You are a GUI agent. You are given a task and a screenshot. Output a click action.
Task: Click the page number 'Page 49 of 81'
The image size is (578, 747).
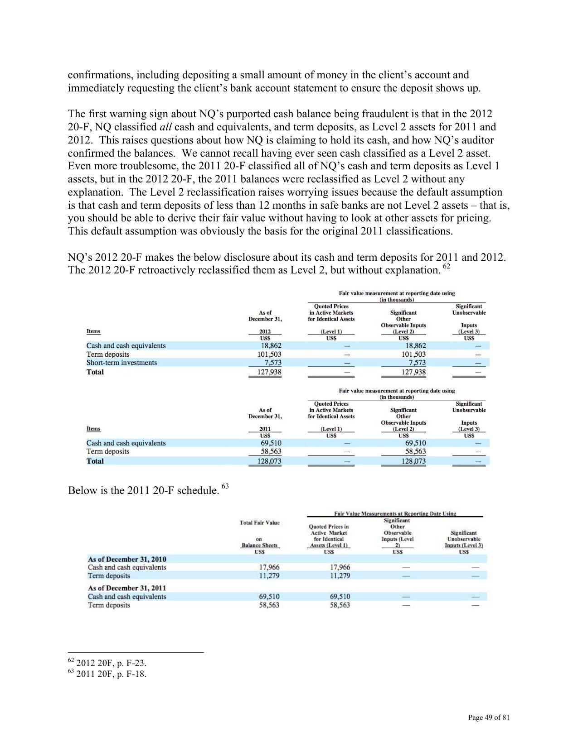(489, 717)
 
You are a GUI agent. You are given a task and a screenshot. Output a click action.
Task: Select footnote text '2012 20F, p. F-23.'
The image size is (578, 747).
(111, 663)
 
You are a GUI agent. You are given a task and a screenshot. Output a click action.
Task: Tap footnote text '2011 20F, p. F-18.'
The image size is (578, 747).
(111, 674)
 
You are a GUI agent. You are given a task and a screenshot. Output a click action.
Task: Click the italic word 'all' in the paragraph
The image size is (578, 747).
(165, 127)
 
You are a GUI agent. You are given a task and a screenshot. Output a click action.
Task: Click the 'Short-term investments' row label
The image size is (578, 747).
(121, 363)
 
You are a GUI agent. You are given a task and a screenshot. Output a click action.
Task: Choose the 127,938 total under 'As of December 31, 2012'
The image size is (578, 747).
(269, 372)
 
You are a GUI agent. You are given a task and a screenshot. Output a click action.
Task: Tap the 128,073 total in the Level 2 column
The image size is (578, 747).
(413, 461)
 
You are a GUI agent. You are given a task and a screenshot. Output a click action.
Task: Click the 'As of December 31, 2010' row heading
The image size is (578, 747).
(127, 560)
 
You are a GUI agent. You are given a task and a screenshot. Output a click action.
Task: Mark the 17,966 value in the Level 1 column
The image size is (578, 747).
(340, 567)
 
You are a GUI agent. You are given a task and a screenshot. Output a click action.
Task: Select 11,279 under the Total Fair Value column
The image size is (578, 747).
(269, 576)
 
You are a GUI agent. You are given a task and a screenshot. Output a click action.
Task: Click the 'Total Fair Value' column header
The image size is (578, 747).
(260, 523)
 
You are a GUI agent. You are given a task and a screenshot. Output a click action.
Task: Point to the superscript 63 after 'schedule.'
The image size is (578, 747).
(225, 486)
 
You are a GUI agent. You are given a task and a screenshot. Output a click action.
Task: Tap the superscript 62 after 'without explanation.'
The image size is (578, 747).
(447, 267)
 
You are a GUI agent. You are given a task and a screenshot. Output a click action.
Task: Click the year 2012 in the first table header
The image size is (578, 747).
(265, 332)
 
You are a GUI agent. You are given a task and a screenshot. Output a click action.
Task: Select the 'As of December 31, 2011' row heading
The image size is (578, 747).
(127, 588)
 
